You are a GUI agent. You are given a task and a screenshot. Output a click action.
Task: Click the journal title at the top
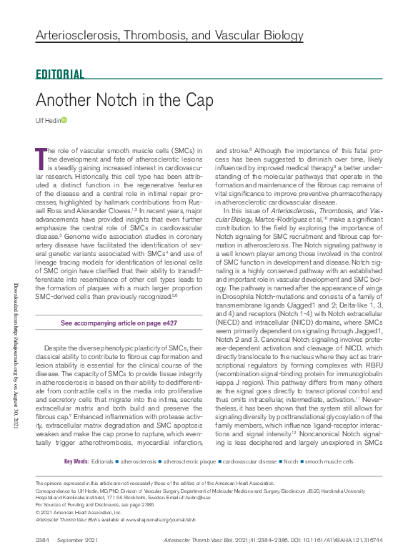point(159,35)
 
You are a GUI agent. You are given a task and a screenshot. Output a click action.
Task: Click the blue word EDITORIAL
point(60,74)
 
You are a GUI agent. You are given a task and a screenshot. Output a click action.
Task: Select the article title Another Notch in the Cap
point(124,100)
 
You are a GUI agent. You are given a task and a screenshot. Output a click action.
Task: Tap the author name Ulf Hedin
point(48,120)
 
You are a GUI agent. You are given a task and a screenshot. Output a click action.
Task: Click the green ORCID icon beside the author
point(64,120)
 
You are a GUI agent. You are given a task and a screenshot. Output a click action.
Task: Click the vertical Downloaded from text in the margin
point(15,373)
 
